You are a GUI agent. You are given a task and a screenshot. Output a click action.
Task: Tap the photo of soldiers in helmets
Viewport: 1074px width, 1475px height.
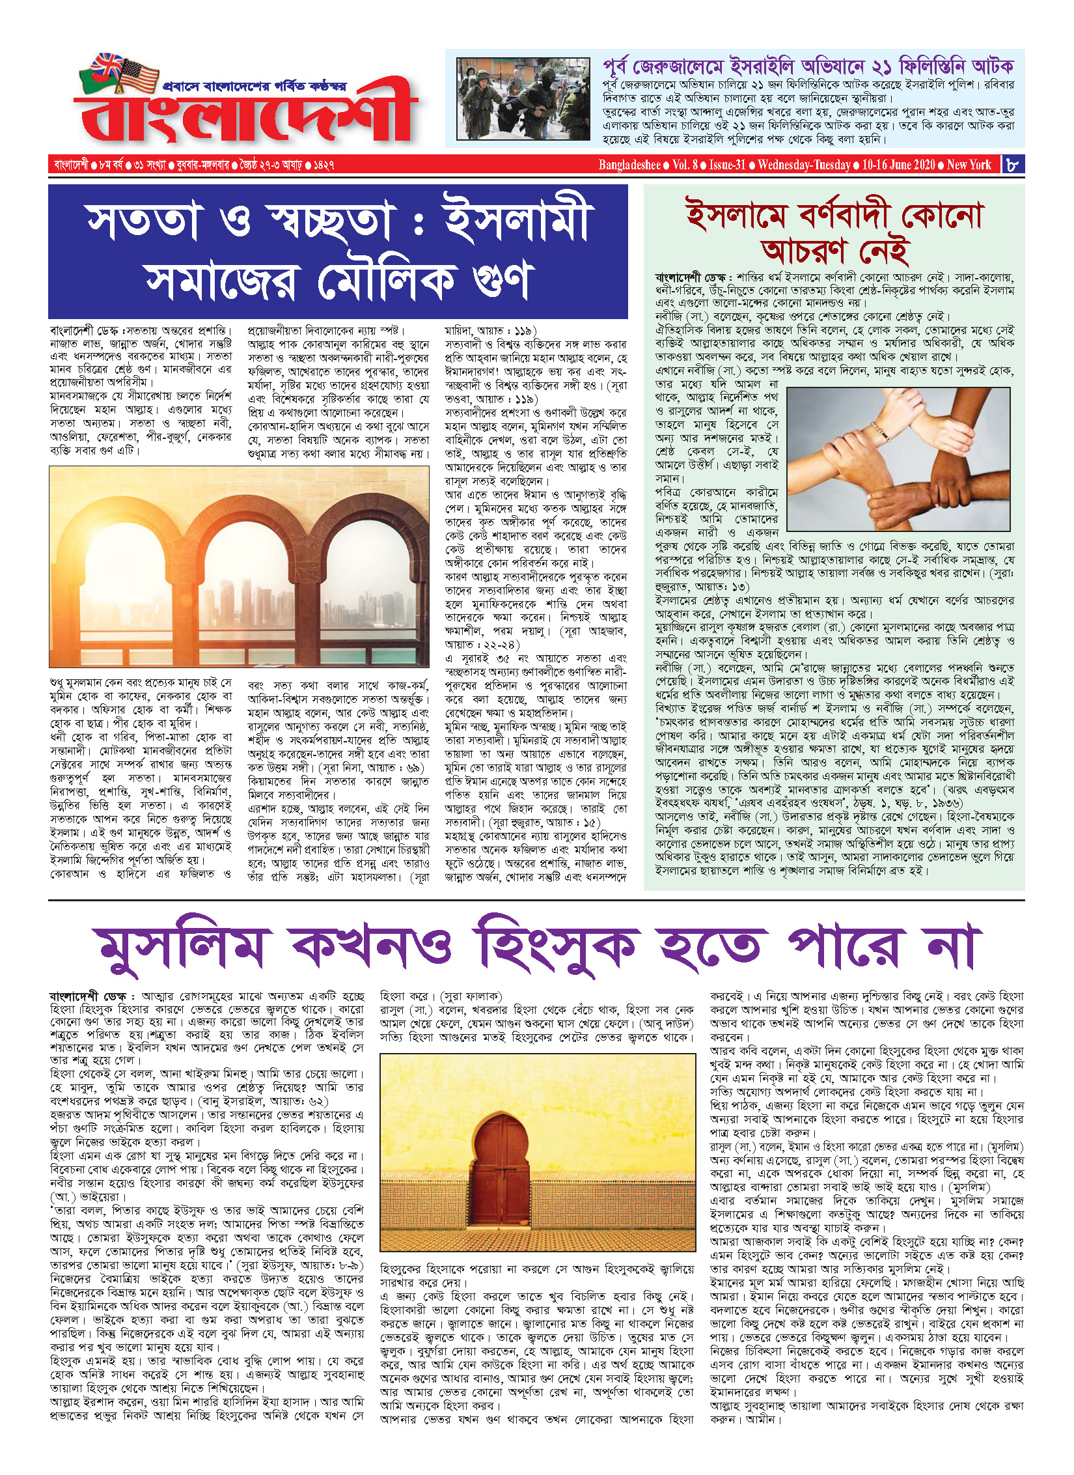click(514, 98)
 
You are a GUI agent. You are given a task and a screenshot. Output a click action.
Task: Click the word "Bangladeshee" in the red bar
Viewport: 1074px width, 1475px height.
click(629, 165)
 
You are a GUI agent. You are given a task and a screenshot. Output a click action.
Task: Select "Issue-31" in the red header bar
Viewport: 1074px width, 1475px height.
click(727, 165)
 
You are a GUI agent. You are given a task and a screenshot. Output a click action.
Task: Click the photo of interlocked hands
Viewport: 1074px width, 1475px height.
click(898, 458)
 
